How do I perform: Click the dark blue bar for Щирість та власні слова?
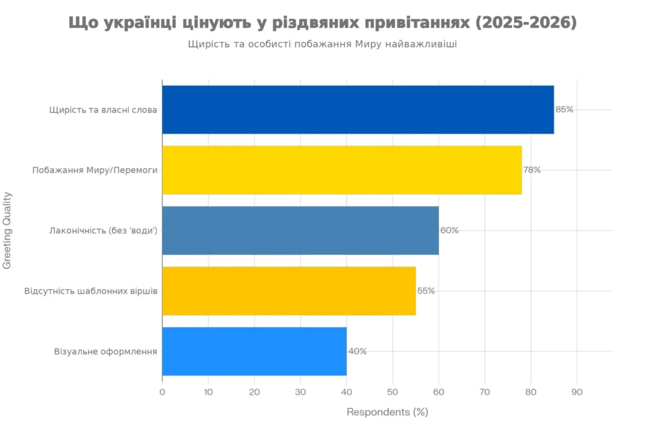[358, 110]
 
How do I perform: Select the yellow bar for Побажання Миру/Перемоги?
[342, 170]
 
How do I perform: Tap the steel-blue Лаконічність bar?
[300, 230]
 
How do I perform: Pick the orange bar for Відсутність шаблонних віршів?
[289, 291]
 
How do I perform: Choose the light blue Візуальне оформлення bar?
[254, 351]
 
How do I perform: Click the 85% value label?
[564, 110]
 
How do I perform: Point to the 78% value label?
[532, 170]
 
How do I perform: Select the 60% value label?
[449, 230]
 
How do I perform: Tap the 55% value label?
[426, 291]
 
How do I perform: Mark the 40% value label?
[357, 351]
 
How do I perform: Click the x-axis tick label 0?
[162, 392]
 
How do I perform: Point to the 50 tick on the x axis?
[392, 392]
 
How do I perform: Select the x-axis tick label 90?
[577, 392]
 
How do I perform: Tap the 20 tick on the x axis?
[254, 392]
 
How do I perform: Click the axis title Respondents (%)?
[387, 412]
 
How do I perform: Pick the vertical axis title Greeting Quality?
[8, 230]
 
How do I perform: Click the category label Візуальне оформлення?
[106, 351]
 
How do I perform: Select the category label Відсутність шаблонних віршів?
[91, 291]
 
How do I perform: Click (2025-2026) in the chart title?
[526, 23]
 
